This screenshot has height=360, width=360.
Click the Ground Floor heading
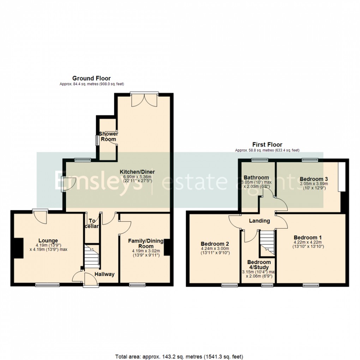pyautogui.click(x=91, y=78)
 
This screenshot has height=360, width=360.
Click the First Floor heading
pyautogui.click(x=267, y=145)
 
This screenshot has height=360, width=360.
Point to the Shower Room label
pyautogui.click(x=108, y=137)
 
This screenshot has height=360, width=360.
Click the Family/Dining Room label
pyautogui.click(x=146, y=244)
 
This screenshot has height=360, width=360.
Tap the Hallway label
pyautogui.click(x=104, y=274)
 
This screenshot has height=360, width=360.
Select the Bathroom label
pyautogui.click(x=257, y=178)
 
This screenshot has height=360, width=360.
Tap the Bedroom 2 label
pyautogui.click(x=215, y=244)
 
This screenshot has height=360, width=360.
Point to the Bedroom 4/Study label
pyautogui.click(x=259, y=265)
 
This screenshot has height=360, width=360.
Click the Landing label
pyautogui.click(x=259, y=221)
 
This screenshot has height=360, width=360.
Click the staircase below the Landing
pyautogui.click(x=267, y=243)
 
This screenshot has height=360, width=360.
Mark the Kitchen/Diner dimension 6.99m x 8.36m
pyautogui.click(x=137, y=177)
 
